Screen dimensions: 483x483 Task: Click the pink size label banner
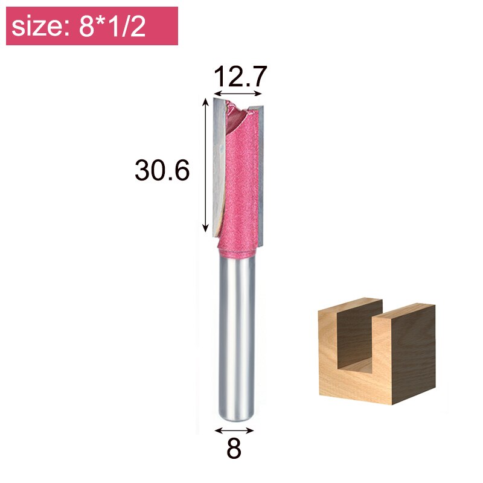pyautogui.click(x=92, y=26)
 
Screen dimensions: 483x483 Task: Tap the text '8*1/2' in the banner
pyautogui.click(x=112, y=27)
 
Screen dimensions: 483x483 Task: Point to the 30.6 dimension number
pyautogui.click(x=162, y=171)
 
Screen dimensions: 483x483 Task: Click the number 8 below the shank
pyautogui.click(x=234, y=449)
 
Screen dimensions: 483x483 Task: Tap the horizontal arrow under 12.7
pyautogui.click(x=239, y=94)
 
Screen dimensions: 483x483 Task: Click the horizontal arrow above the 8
pyautogui.click(x=234, y=430)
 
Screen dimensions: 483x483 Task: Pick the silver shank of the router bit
pyautogui.click(x=235, y=338)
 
